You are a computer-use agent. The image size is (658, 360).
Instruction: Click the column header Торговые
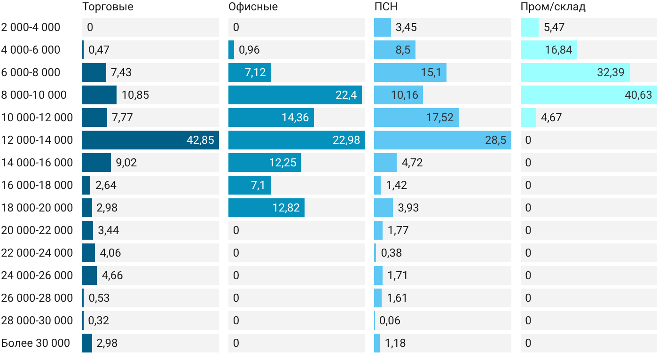coord(108,7)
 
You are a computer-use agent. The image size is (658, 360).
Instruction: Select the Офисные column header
coord(253,7)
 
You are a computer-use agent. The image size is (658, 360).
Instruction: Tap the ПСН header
coord(386,7)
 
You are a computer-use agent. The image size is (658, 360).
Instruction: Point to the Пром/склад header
coord(553,7)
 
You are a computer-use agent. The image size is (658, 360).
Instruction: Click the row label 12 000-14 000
coord(37,140)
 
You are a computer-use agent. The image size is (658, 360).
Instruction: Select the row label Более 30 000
coord(35,343)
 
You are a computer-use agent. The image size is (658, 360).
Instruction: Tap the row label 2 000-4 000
coord(31,27)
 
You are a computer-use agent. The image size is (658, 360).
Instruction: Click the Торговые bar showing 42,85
coord(150,140)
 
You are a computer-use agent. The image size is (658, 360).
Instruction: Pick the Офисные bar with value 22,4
coord(295,95)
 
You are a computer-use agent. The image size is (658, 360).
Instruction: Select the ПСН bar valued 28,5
coord(443,140)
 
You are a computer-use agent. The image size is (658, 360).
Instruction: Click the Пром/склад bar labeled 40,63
coord(589,95)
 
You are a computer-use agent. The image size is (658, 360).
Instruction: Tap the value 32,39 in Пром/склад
coord(611,72)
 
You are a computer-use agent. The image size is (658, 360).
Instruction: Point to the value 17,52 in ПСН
coord(440,118)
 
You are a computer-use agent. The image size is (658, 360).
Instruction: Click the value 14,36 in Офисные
coord(295,118)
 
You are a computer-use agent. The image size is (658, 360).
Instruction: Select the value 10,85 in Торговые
coord(135,95)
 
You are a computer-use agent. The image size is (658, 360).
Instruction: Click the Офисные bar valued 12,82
coord(266,208)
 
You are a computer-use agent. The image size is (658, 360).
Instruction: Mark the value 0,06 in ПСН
coord(390,321)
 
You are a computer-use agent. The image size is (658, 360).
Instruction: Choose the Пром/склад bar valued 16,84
coord(549,50)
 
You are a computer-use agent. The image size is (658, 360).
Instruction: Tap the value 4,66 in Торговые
coord(112,275)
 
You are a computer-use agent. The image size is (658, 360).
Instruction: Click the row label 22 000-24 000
coord(37,253)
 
